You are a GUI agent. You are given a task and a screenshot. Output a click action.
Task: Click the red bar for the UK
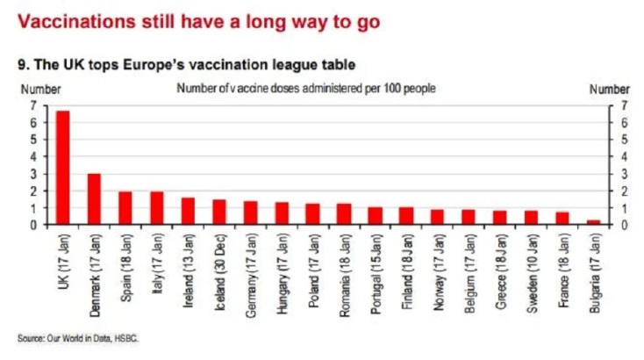63,168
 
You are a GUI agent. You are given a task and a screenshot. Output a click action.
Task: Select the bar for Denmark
94,199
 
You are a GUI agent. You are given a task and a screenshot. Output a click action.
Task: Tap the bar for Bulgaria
593,222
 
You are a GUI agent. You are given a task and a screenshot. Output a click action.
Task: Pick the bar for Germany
251,213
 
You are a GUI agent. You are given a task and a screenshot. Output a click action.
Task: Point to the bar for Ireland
188,212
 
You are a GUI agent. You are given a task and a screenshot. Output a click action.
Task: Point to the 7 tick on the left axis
33,105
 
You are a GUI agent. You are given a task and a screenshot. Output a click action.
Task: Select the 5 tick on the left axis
33,140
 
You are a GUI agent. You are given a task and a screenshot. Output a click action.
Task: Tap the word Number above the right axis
609,89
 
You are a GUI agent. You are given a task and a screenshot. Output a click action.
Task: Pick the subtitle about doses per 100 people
307,89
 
